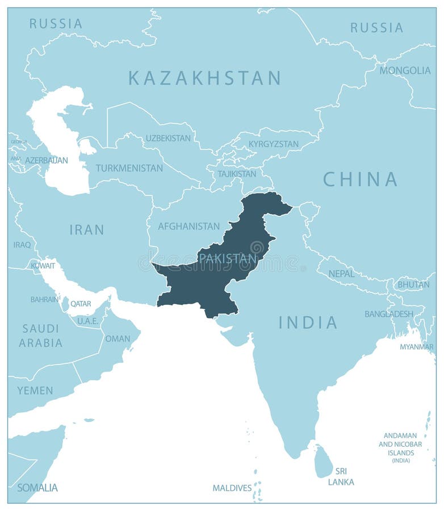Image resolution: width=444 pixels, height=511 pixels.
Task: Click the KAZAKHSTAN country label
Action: coord(204,78)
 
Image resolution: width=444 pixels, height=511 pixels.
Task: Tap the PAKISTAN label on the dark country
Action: coord(228,258)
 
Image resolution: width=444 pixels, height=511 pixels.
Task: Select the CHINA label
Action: coord(360,179)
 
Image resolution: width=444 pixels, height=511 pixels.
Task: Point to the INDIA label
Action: coord(308,322)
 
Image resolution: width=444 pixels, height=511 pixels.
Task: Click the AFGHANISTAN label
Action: coord(189,226)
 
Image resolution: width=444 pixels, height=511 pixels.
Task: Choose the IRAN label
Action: coord(87,229)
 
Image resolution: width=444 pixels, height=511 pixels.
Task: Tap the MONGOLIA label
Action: coord(405,70)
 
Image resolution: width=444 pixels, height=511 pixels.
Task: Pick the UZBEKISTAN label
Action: coord(168,138)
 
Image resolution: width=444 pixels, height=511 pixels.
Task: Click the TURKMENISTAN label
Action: coord(129,168)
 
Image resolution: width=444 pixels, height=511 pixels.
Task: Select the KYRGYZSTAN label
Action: coord(273,144)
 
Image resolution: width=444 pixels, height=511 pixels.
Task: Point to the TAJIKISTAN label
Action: coord(237,174)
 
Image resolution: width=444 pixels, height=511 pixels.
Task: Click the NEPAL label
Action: coord(341,274)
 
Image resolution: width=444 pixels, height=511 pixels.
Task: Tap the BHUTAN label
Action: coord(413,284)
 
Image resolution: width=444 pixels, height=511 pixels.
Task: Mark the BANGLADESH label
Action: coord(389,313)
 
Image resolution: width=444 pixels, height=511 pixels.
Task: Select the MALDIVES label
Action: coord(232,488)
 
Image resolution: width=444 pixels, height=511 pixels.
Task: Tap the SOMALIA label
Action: coord(37,487)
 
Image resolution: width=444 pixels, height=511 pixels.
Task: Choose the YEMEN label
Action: coord(35,391)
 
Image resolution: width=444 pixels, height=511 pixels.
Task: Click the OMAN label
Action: coord(118,338)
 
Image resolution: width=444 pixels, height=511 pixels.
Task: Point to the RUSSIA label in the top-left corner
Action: coord(56,23)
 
